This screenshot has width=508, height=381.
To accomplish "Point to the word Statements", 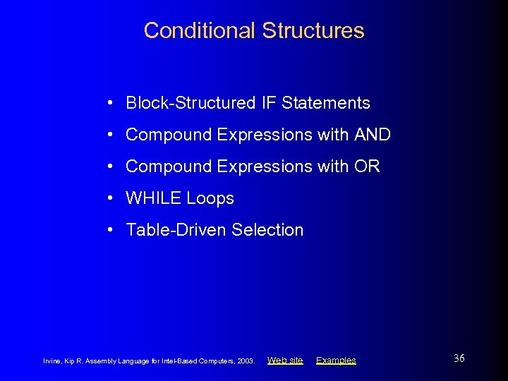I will click(x=326, y=103).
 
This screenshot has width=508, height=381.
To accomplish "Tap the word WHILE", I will click(x=153, y=198).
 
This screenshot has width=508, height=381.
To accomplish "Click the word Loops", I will click(x=210, y=199).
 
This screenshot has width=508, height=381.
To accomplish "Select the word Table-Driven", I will click(x=176, y=230).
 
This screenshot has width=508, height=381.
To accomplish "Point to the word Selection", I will click(x=267, y=230).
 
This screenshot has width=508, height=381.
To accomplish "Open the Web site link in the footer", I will click(x=285, y=361).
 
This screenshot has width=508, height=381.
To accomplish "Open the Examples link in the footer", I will click(x=336, y=361).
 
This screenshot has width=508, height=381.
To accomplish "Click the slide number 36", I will click(x=459, y=358).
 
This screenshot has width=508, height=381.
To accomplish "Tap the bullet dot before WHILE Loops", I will click(x=111, y=198).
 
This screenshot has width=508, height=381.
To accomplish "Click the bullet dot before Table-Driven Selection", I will click(x=111, y=230).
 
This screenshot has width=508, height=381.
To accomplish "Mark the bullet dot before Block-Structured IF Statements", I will click(x=111, y=103).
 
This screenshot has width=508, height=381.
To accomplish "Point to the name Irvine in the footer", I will click(x=53, y=361).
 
